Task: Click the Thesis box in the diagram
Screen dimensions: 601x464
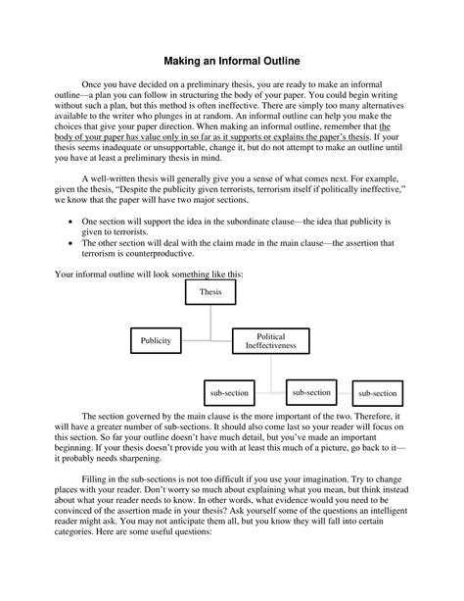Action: [x=210, y=293]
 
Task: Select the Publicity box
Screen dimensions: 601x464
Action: [x=157, y=340]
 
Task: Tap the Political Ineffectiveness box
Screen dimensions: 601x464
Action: [x=270, y=340]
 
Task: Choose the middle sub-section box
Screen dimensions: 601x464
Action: [x=310, y=392]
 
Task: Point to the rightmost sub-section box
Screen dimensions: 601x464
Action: [x=377, y=393]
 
